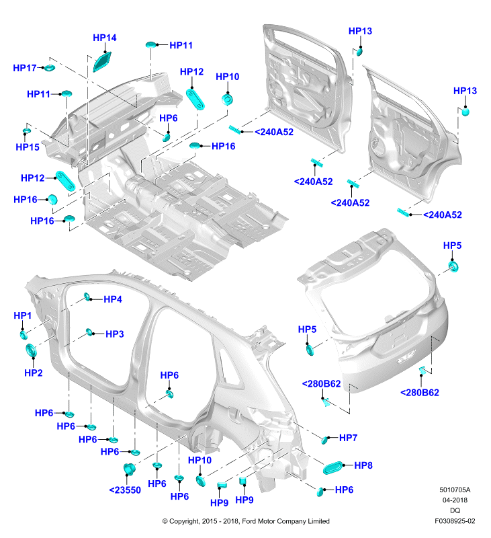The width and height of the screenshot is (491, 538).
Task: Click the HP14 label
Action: point(105,38)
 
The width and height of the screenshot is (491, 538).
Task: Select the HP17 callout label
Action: point(25,68)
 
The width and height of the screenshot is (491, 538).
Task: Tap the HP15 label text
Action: point(28,147)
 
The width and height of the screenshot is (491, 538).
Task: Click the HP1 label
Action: point(23,315)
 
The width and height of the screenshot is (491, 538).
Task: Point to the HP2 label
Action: point(33,373)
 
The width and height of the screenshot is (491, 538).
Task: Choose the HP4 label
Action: point(113,299)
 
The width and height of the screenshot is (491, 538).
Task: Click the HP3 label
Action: point(114,334)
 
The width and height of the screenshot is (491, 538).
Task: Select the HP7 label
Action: point(348,438)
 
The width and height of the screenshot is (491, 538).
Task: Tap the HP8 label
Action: point(363,465)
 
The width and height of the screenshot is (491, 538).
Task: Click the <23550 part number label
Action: point(125,490)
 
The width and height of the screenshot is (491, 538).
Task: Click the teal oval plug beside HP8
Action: point(332,468)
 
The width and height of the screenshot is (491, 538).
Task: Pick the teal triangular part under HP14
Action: point(102,62)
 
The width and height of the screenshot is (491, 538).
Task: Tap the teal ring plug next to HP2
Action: point(32,351)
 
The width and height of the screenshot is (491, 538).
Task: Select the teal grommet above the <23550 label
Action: point(129,469)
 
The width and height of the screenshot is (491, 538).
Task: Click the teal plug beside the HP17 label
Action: point(50,68)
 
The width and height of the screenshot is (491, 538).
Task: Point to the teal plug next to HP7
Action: point(325,440)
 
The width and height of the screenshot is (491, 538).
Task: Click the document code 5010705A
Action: point(455,490)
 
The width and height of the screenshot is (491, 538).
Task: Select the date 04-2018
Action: point(455,500)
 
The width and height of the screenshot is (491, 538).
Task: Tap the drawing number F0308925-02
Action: point(455,521)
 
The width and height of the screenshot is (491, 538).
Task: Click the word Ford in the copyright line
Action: point(249,521)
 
